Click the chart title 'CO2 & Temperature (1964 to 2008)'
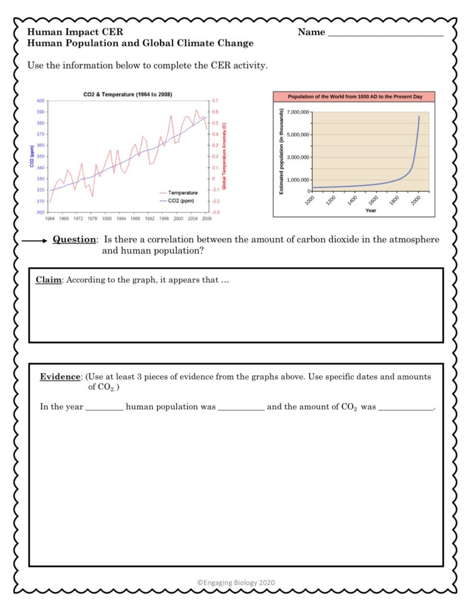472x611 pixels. (x=128, y=94)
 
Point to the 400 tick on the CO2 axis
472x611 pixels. (x=41, y=101)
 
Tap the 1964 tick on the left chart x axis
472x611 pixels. (x=50, y=219)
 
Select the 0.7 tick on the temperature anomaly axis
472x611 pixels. (x=215, y=101)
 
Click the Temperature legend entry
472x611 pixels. (x=182, y=193)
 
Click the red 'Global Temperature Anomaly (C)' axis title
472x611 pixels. (x=224, y=156)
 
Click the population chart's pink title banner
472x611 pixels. (x=353, y=97)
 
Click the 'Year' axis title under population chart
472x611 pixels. (x=371, y=210)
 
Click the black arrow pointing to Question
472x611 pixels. (x=35, y=240)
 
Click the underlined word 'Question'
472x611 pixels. (x=74, y=240)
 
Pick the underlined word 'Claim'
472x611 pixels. (x=48, y=280)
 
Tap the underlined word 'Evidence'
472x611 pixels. (x=60, y=377)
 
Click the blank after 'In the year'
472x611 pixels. (x=104, y=408)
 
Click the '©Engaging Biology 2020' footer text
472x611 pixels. (x=236, y=583)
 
